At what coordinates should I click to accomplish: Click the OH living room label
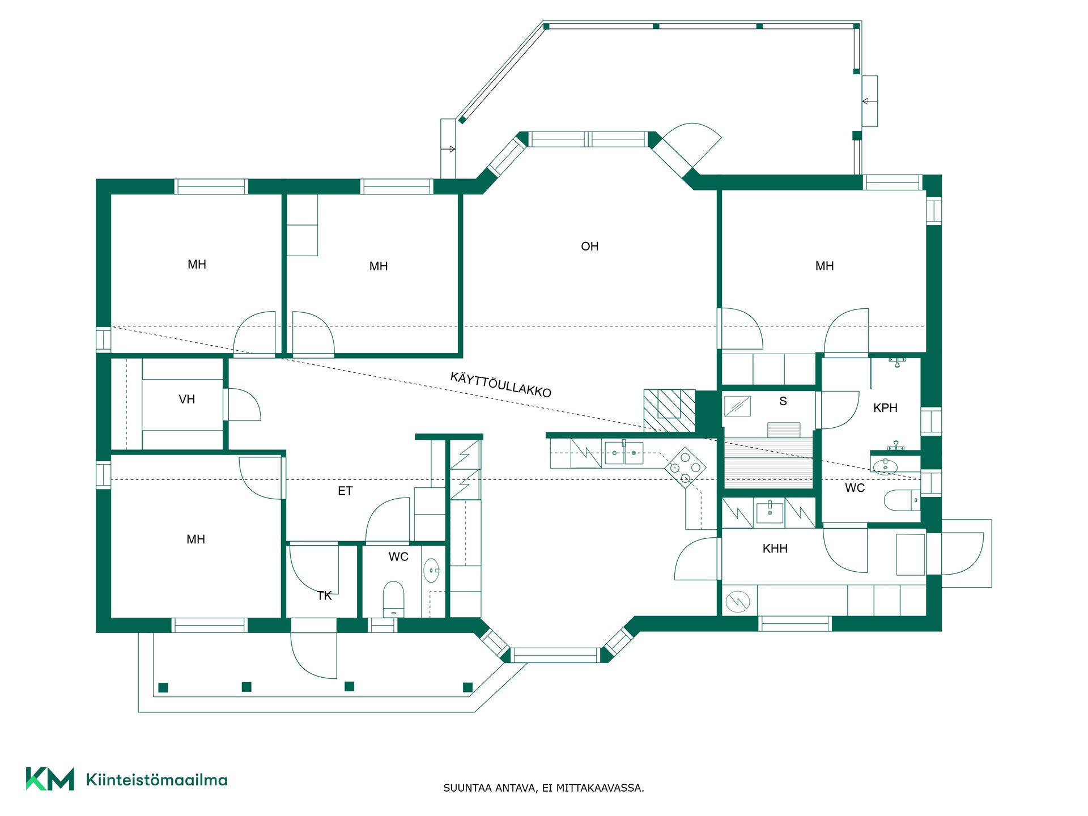click(589, 246)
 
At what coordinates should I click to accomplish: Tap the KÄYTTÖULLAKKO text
click(500, 385)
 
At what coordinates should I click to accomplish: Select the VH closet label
click(186, 399)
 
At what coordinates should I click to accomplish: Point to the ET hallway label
click(345, 491)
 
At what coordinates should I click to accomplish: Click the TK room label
click(324, 596)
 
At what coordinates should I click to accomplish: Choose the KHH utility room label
click(775, 549)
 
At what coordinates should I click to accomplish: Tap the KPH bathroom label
click(885, 408)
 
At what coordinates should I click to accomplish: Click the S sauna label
click(783, 401)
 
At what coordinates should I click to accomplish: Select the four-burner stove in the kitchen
click(685, 467)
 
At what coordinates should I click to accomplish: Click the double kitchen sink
click(624, 453)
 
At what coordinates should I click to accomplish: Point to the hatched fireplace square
click(669, 411)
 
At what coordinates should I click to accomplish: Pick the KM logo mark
click(50, 779)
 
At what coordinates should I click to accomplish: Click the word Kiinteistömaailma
click(156, 780)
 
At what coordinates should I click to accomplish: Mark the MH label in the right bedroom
click(824, 266)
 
